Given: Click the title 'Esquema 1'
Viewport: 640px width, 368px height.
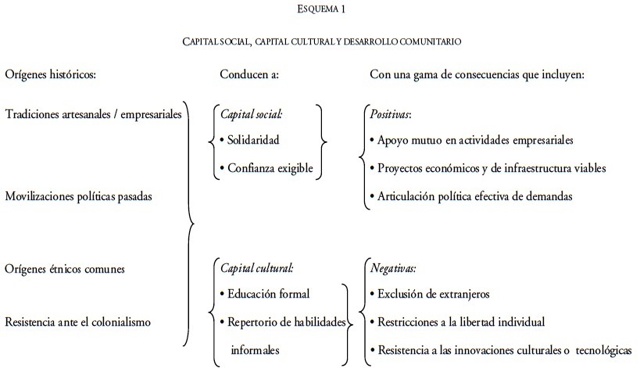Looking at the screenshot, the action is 322,9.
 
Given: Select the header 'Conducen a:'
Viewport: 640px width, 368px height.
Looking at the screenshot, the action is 249,75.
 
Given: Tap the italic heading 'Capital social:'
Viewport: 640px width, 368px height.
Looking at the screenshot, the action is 252,113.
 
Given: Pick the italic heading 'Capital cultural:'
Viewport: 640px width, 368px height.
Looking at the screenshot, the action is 257,268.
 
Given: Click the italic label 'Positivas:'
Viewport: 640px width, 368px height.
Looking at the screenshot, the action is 390,113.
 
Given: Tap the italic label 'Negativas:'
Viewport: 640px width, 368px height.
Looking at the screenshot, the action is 393,268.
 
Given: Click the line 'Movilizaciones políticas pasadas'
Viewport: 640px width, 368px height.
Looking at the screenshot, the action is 78,196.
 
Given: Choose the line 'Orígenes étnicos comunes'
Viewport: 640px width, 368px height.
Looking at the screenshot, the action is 65,268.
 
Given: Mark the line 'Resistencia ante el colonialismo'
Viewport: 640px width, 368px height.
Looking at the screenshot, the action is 78,321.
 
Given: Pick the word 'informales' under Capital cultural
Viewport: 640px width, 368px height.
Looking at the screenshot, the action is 255,349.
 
